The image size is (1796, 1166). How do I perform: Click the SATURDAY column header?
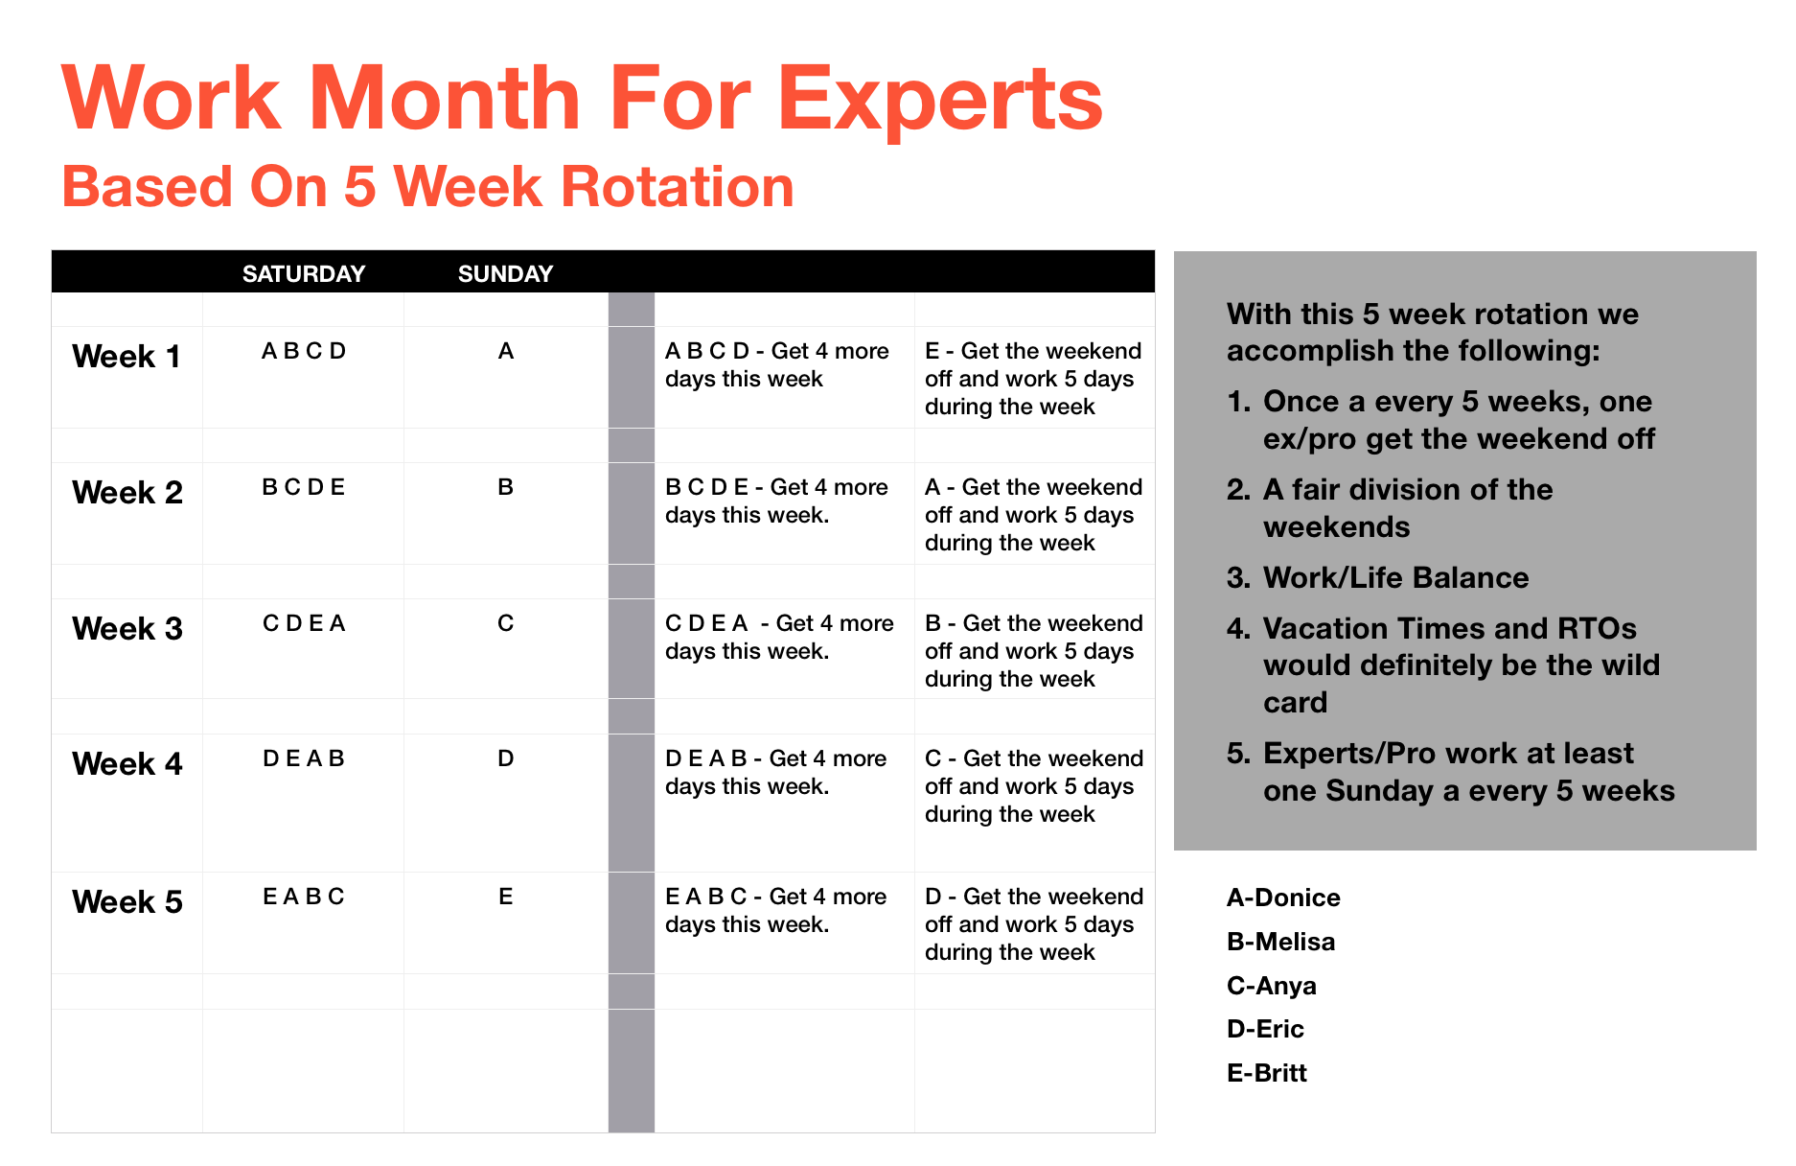pyautogui.click(x=304, y=274)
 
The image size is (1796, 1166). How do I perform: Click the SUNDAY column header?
pyautogui.click(x=505, y=274)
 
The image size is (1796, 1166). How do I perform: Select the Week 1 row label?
pyautogui.click(x=127, y=357)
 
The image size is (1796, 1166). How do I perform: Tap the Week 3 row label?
pyautogui.click(x=127, y=629)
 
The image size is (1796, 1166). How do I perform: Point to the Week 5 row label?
pyautogui.click(x=127, y=902)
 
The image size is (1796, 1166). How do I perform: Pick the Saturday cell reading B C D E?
pyautogui.click(x=304, y=487)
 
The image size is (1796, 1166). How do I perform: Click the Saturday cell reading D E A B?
pyautogui.click(x=304, y=758)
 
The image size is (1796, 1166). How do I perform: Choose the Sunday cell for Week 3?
pyautogui.click(x=506, y=623)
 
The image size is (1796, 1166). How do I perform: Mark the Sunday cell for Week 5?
pyautogui.click(x=506, y=897)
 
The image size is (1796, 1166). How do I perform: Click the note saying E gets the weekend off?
pyautogui.click(x=1033, y=379)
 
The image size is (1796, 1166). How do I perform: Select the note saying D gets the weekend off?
pyautogui.click(x=1034, y=924)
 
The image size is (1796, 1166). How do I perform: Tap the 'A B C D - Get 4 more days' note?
pyautogui.click(x=777, y=364)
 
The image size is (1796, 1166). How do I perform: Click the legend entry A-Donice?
pyautogui.click(x=1283, y=898)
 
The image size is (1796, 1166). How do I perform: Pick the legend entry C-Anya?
pyautogui.click(x=1272, y=986)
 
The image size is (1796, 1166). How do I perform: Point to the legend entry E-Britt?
pyautogui.click(x=1267, y=1073)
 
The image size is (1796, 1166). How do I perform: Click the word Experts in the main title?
pyautogui.click(x=940, y=100)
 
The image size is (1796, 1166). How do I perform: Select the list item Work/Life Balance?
pyautogui.click(x=1396, y=577)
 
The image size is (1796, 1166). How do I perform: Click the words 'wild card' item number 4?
pyautogui.click(x=1462, y=684)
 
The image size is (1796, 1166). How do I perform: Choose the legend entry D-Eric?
pyautogui.click(x=1265, y=1029)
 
